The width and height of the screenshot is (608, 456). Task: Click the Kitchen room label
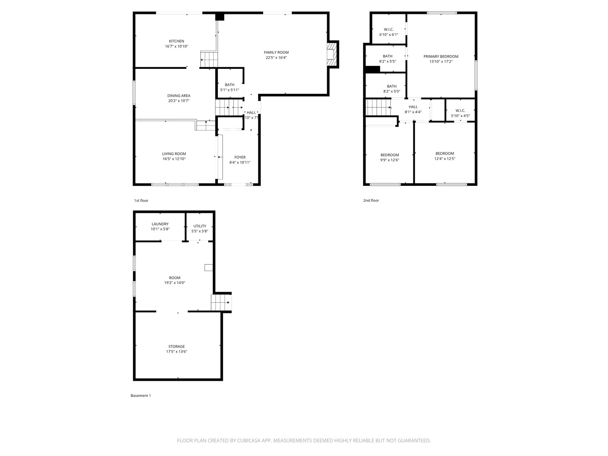tap(176, 41)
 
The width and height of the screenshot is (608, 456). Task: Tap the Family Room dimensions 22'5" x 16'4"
tap(276, 57)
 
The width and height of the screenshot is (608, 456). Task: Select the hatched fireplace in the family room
tap(332, 54)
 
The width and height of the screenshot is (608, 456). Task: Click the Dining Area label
tap(179, 96)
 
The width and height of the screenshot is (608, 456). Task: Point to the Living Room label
tap(174, 154)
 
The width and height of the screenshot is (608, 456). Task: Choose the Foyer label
tap(240, 157)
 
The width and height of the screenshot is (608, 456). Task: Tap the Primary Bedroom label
tap(441, 57)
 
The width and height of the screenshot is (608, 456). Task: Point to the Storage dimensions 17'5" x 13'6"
tap(176, 351)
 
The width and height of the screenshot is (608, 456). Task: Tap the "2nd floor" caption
tap(371, 201)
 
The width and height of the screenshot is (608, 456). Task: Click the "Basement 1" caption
tap(141, 396)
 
